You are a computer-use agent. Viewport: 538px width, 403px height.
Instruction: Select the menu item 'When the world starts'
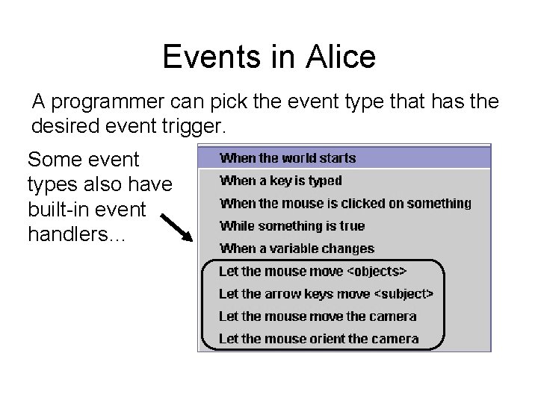point(288,158)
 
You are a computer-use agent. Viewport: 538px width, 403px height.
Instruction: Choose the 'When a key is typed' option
point(280,181)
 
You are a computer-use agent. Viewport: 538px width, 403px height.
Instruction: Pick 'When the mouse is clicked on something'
point(345,203)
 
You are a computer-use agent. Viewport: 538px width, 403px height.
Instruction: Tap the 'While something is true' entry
point(292,225)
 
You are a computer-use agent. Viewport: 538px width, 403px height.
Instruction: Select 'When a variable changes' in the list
point(297,249)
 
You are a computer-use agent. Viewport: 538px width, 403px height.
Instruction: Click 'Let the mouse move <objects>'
point(313,271)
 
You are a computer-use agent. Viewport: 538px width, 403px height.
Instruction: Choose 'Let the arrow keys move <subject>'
point(326,293)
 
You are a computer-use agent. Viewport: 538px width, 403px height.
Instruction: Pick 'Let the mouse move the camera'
point(318,316)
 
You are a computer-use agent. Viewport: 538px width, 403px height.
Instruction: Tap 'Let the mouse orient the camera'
point(319,338)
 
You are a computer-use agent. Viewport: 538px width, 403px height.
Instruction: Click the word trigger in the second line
point(196,126)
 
